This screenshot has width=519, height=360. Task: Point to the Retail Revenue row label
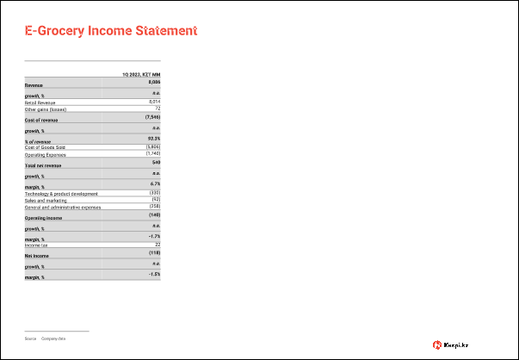click(41, 102)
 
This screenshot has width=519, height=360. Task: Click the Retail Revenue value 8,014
click(155, 102)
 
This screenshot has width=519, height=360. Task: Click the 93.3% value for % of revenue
click(154, 138)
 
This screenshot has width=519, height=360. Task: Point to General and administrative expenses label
click(63, 208)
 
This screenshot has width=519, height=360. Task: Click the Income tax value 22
click(158, 245)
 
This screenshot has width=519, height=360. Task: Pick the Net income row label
click(36, 257)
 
